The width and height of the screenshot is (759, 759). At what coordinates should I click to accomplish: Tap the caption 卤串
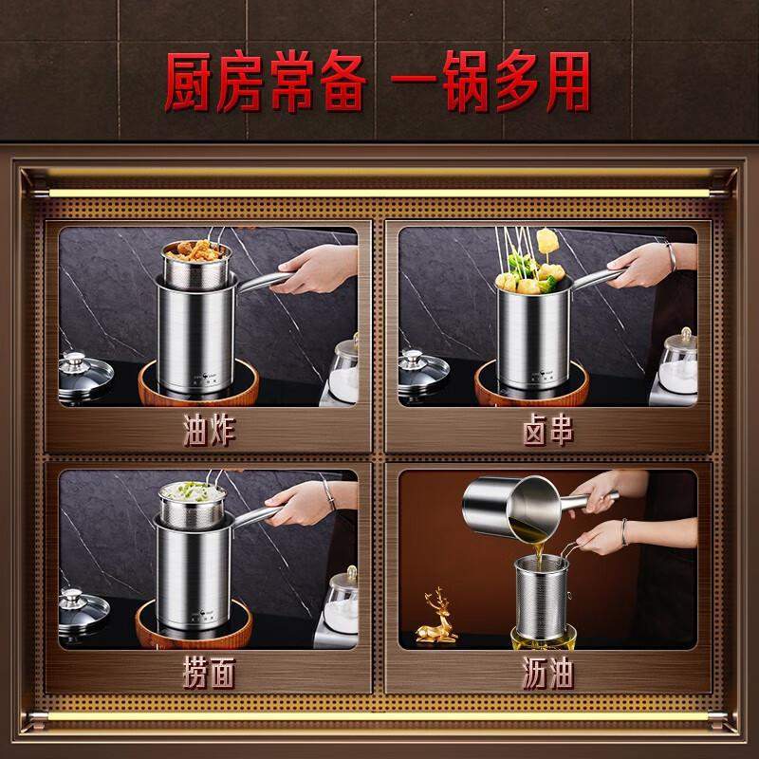(548, 432)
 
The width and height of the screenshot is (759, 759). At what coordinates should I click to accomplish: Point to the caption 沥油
(548, 675)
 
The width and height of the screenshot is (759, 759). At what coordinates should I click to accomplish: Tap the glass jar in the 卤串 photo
(678, 365)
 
